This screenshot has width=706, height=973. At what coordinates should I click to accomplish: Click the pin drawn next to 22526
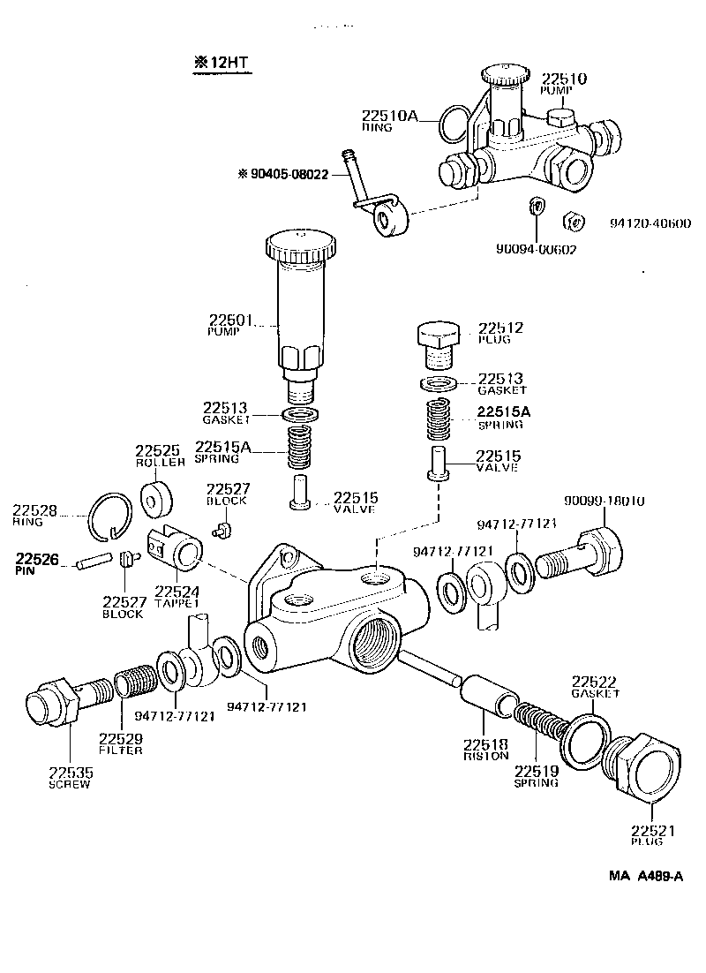94,561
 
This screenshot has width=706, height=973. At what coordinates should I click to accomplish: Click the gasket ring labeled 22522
581,735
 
